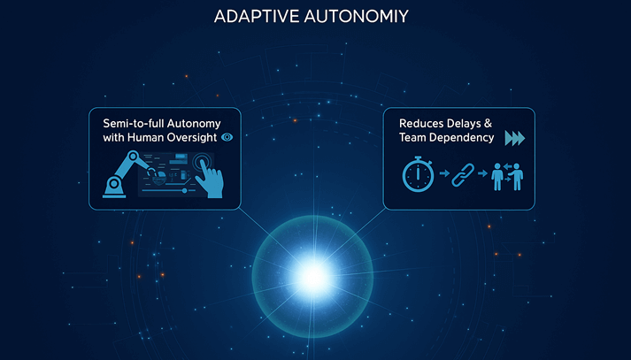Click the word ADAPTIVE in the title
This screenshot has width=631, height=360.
tap(257, 17)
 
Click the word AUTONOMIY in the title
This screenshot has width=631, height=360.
tap(357, 17)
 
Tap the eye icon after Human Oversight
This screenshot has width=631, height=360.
tap(227, 137)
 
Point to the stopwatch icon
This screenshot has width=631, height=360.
tap(418, 174)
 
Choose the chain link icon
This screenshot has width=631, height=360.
tap(463, 174)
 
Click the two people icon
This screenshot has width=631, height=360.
tap(507, 176)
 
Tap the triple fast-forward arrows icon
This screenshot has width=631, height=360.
tap(515, 138)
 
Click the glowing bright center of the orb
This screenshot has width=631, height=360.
tap(312, 276)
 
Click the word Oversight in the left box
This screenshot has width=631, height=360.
tap(192, 138)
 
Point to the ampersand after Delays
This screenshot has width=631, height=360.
tap(488, 124)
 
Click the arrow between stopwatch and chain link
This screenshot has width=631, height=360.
tap(444, 173)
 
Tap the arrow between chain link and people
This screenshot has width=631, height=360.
tap(482, 173)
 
